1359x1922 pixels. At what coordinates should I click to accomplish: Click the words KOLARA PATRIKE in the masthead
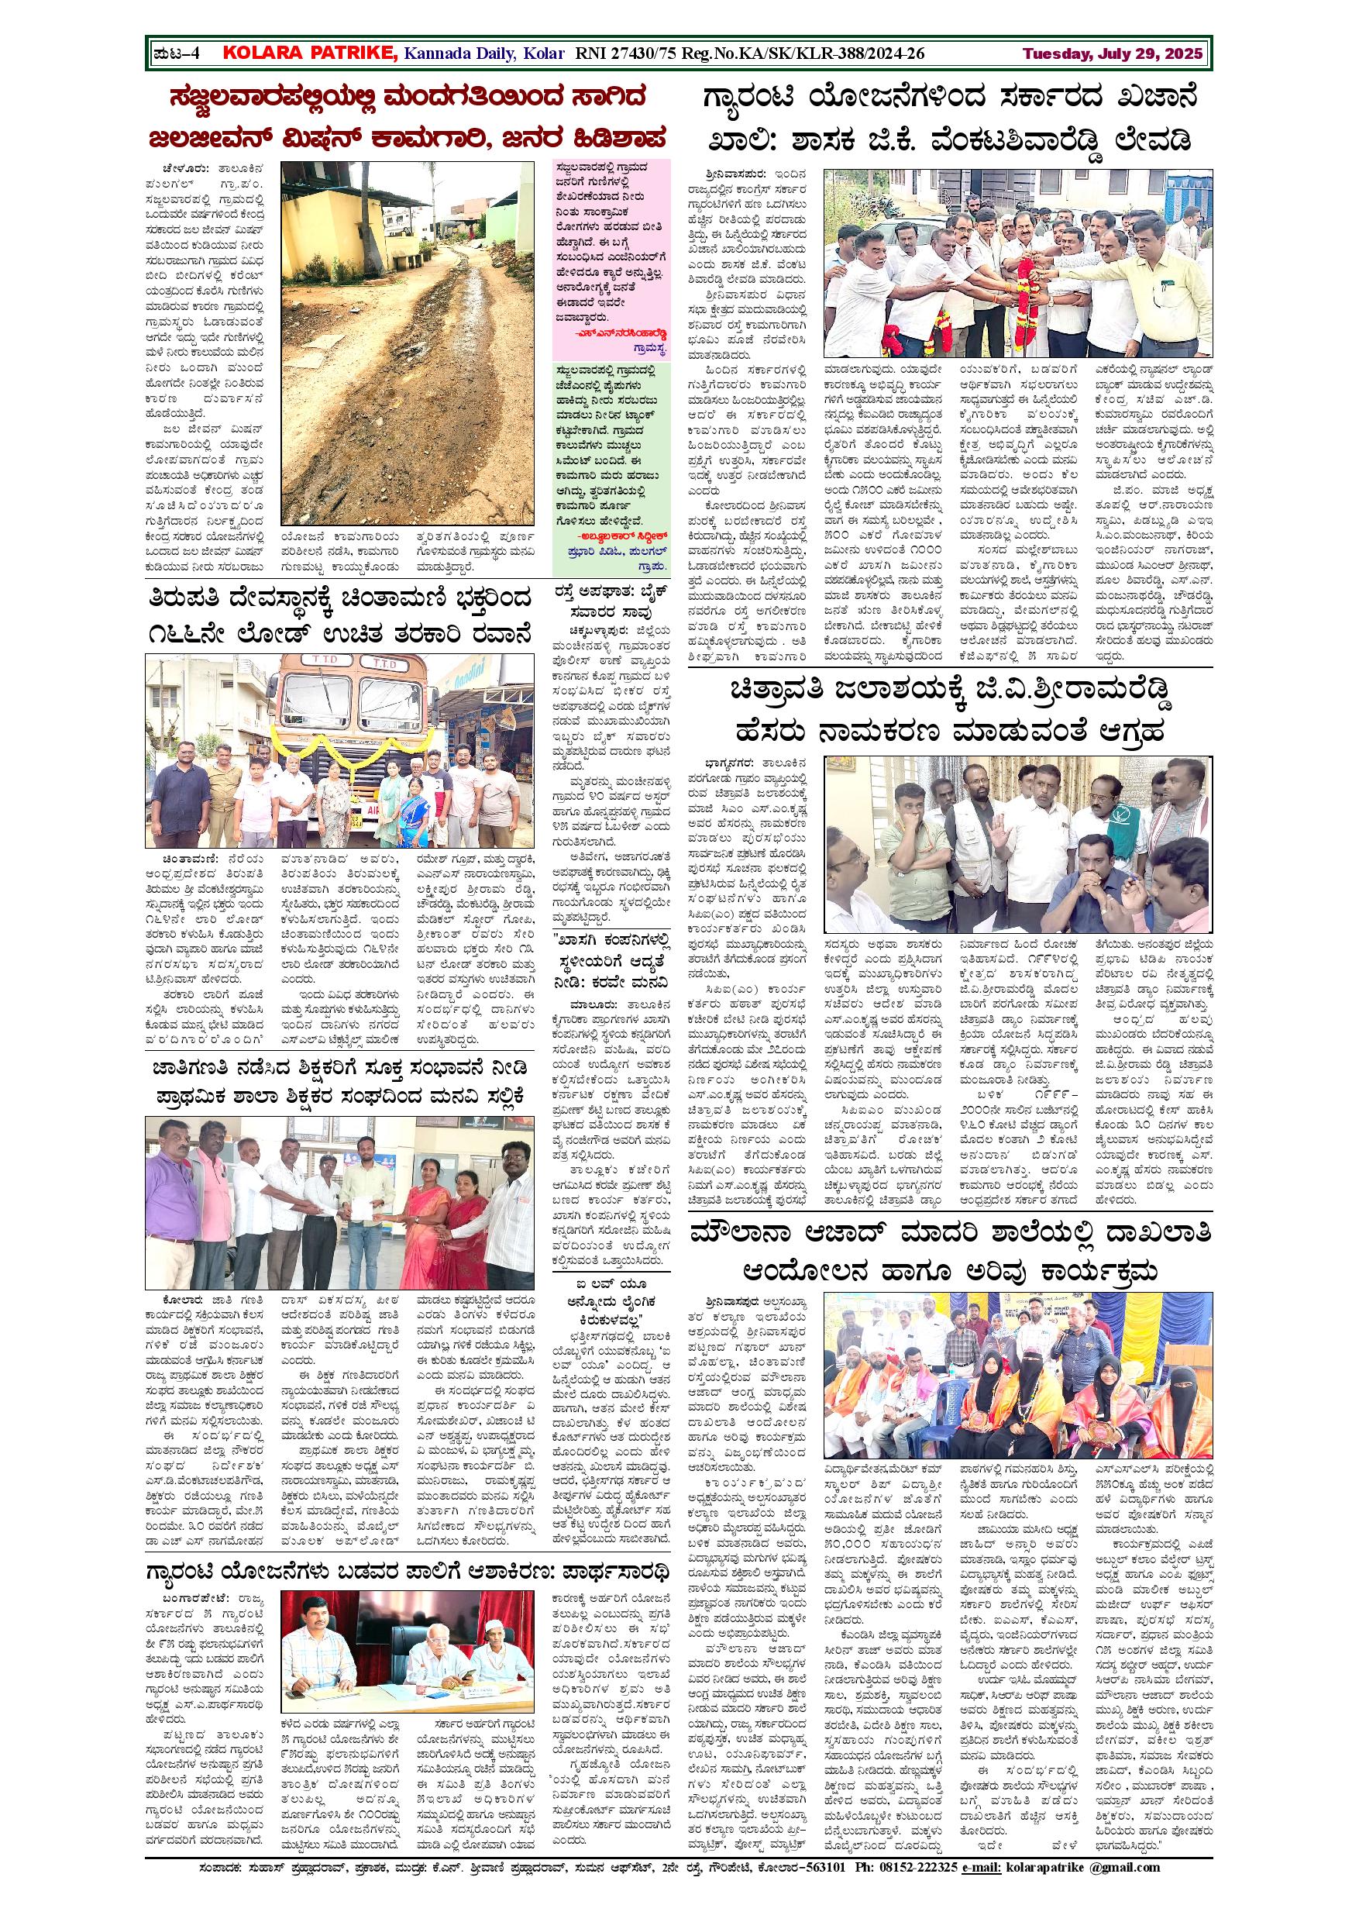click(x=311, y=54)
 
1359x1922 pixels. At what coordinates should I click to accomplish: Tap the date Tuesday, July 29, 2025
click(x=1112, y=54)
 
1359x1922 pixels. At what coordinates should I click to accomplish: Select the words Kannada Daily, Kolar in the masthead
click(x=473, y=54)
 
